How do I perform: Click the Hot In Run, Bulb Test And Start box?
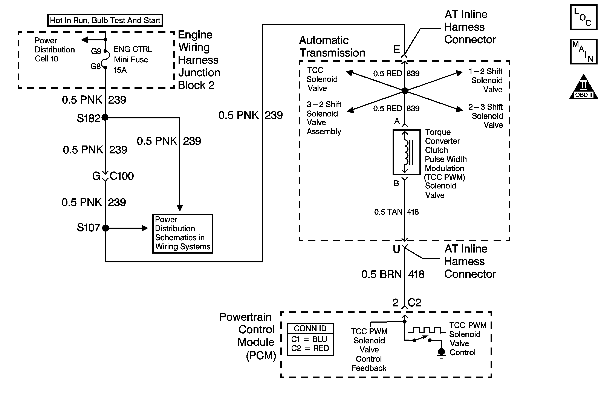105,20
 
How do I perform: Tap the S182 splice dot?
105,117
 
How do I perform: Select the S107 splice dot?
106,228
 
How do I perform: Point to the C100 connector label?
122,176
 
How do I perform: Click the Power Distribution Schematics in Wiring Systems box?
183,234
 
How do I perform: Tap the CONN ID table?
311,339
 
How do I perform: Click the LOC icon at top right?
584,17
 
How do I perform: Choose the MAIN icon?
584,52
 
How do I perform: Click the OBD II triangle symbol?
584,87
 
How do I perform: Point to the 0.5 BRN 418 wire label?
393,274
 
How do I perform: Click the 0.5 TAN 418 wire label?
396,212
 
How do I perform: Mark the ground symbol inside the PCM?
441,353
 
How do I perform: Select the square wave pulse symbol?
427,330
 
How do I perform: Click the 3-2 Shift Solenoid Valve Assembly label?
324,118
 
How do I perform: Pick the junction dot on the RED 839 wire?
405,90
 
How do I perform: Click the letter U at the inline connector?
396,249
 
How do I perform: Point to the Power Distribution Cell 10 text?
55,49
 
